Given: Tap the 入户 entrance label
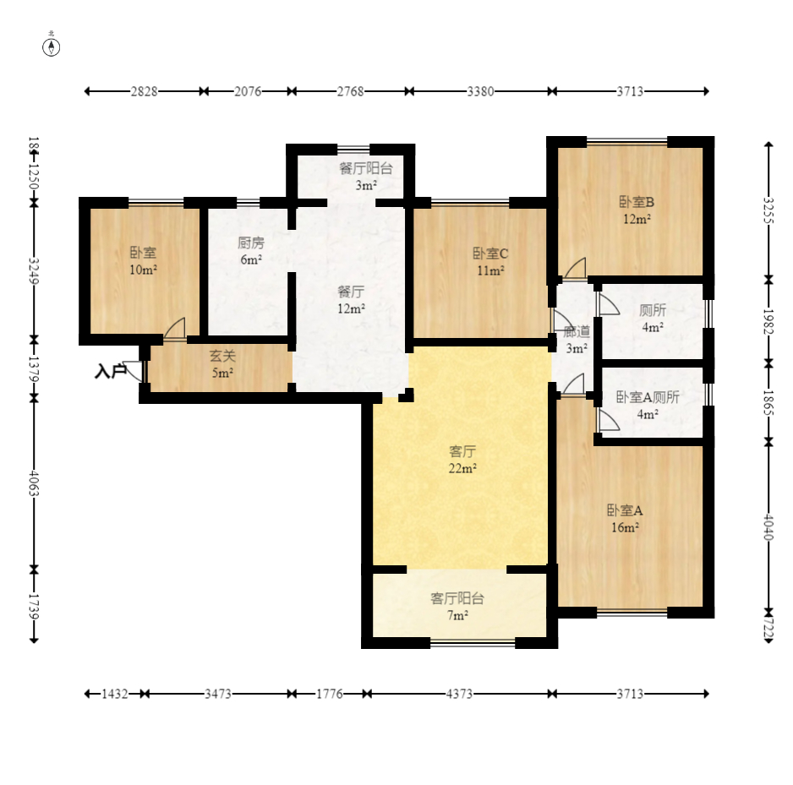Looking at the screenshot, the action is tap(110, 372).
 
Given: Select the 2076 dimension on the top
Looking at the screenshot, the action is tap(248, 91).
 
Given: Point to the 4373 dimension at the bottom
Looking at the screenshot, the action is tap(459, 694).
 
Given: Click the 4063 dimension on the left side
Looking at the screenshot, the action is tap(34, 483).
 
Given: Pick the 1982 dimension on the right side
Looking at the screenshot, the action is tap(768, 321).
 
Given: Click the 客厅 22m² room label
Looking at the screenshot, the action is tap(462, 460).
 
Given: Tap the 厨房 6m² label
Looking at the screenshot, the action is tap(251, 251).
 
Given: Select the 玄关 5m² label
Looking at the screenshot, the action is tap(222, 364).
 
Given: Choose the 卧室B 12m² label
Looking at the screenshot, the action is tap(637, 210).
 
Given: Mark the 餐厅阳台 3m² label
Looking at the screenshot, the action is tap(366, 177).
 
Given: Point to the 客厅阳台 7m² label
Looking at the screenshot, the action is tap(457, 607).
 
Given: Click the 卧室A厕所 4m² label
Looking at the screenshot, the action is tap(648, 406).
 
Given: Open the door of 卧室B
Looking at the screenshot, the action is tap(575, 269).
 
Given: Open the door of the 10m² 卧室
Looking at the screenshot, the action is tap(175, 329).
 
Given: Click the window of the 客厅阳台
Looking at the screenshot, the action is tap(473, 643).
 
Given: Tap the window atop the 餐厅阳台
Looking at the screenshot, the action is tap(353, 149).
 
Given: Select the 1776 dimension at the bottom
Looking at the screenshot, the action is tap(330, 694).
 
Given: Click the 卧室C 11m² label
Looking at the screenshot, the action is tap(490, 261).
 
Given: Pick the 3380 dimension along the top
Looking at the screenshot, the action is tap(480, 91).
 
